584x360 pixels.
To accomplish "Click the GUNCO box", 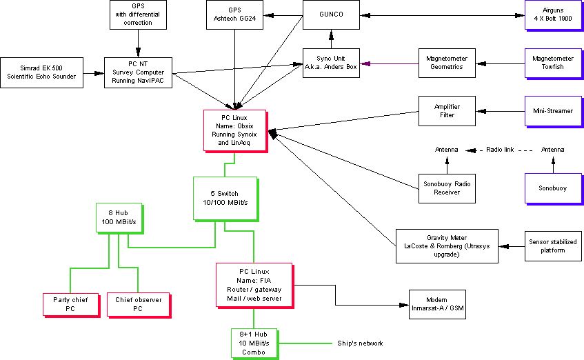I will coord(332,15).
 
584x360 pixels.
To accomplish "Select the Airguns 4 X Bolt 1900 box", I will coord(553,15).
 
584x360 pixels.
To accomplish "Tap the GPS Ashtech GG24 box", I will coord(236,15).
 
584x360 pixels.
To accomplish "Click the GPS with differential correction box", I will coord(138,14).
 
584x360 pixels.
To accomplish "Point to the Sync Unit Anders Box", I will coord(332,63).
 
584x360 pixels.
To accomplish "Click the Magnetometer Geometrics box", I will coord(447,63).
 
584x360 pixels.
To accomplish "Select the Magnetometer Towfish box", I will coord(553,63).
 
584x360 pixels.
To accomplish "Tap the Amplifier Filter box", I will coord(447,110).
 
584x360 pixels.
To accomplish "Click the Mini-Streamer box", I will coord(553,110).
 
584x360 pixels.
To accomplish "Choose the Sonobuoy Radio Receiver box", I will coord(447,188).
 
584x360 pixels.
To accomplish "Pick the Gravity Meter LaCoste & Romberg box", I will coord(446,246).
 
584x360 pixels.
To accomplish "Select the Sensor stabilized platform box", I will coord(553,246).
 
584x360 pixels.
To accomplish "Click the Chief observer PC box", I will coord(138,304).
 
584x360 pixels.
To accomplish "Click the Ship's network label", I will coord(359,343).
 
